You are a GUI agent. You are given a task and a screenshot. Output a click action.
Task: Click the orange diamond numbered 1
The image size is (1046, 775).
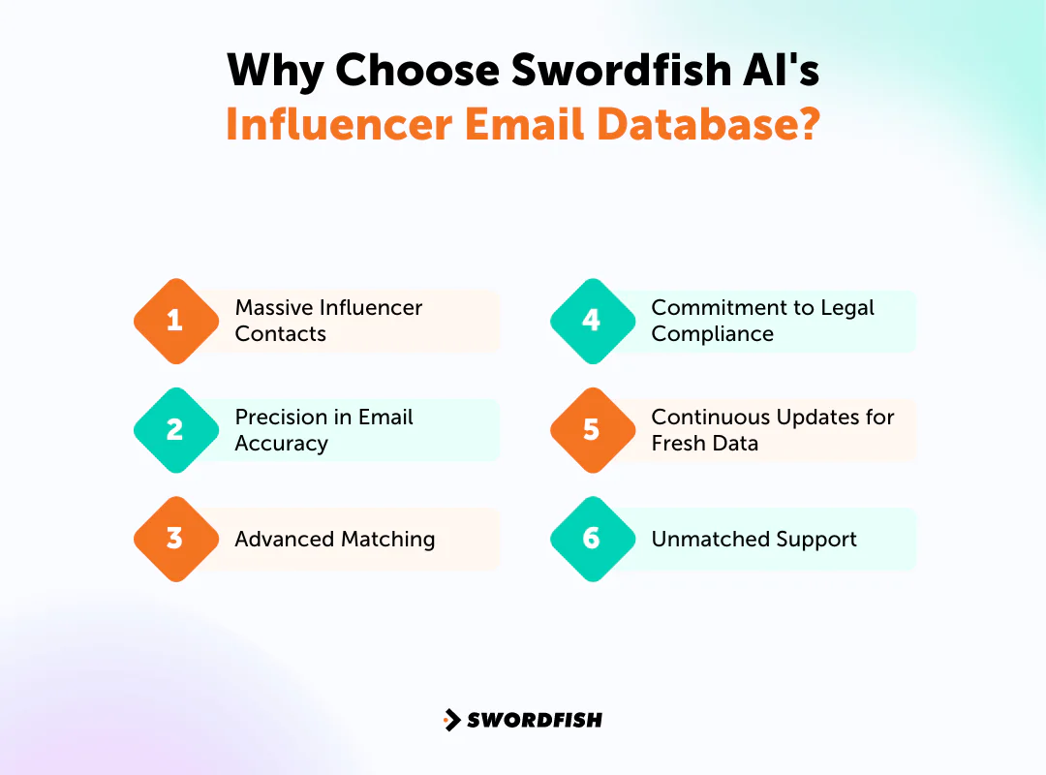[x=175, y=321]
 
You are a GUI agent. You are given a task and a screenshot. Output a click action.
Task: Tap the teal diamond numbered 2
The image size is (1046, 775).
[x=175, y=430]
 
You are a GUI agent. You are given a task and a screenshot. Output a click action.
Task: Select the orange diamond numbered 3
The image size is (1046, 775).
[x=175, y=539]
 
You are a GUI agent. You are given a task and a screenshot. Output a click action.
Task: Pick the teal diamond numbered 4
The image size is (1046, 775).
[x=592, y=321]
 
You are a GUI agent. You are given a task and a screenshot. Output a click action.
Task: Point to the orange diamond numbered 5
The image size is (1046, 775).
[x=592, y=430]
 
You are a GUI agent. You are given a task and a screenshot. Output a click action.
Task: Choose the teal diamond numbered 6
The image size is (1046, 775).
[x=592, y=539]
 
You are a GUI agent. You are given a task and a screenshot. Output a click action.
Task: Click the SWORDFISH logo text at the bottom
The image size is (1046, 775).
[x=535, y=720]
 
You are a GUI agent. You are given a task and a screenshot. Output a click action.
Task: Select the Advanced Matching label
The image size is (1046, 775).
[x=335, y=539]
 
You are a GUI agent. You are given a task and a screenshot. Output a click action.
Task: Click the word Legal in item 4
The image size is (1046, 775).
[x=846, y=308]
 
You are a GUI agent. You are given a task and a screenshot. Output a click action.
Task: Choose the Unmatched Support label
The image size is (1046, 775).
[x=754, y=539]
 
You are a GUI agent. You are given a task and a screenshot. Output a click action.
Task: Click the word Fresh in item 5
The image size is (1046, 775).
[x=678, y=444]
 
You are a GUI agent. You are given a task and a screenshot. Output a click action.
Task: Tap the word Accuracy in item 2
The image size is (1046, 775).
[x=282, y=444]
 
